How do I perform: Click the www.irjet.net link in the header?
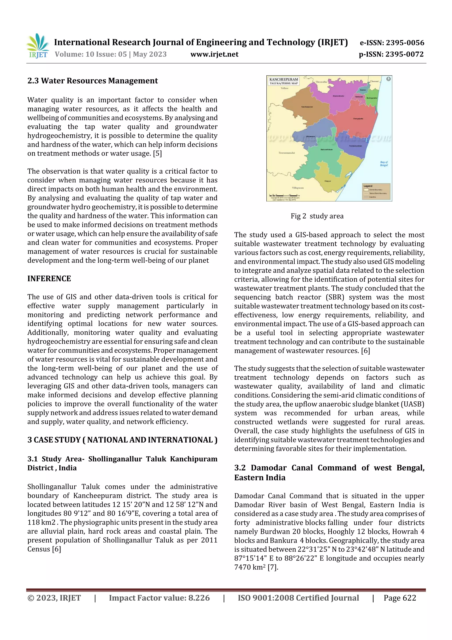coord(214,54)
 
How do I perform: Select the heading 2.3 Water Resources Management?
coord(92,81)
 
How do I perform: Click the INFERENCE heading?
coord(49,278)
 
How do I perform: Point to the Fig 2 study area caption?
coord(317,216)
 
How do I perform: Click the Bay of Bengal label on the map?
coord(384,164)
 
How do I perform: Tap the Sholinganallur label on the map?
coord(372,98)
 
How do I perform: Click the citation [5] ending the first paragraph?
coord(157,154)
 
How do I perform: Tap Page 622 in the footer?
coord(400,598)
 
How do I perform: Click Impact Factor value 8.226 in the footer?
coord(159,598)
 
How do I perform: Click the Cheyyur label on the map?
coord(328,181)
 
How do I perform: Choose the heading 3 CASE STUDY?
coord(122,440)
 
